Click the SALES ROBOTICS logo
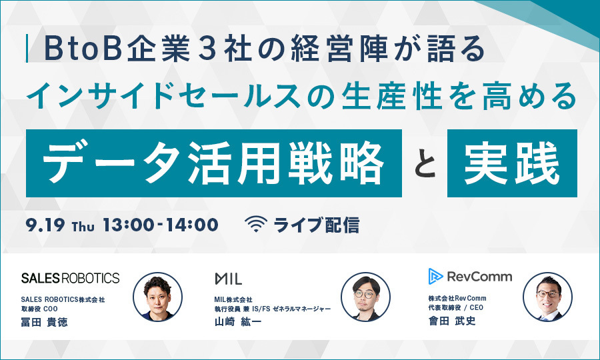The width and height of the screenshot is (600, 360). (71, 278)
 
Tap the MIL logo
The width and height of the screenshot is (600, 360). (228, 279)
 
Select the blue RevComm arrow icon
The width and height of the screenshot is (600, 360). (435, 276)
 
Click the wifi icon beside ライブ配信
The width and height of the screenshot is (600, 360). (255, 225)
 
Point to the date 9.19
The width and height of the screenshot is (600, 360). (45, 225)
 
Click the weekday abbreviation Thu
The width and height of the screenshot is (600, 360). (83, 227)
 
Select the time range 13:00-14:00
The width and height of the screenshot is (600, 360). (161, 225)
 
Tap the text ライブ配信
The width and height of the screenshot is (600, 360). (317, 225)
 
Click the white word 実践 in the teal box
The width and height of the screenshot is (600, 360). (512, 163)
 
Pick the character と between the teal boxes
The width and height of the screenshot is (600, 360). (425, 165)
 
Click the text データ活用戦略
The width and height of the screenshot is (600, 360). (213, 163)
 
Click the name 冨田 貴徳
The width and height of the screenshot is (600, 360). (45, 322)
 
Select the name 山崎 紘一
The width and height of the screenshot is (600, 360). (237, 322)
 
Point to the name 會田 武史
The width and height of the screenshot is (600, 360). (452, 321)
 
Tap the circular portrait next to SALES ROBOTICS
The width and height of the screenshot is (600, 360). (157, 297)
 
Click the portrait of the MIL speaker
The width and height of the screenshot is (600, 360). (366, 297)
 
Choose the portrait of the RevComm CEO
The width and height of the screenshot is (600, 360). (547, 297)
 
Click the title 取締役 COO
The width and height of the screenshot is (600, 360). (39, 309)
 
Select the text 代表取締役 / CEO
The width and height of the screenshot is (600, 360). (456, 307)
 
